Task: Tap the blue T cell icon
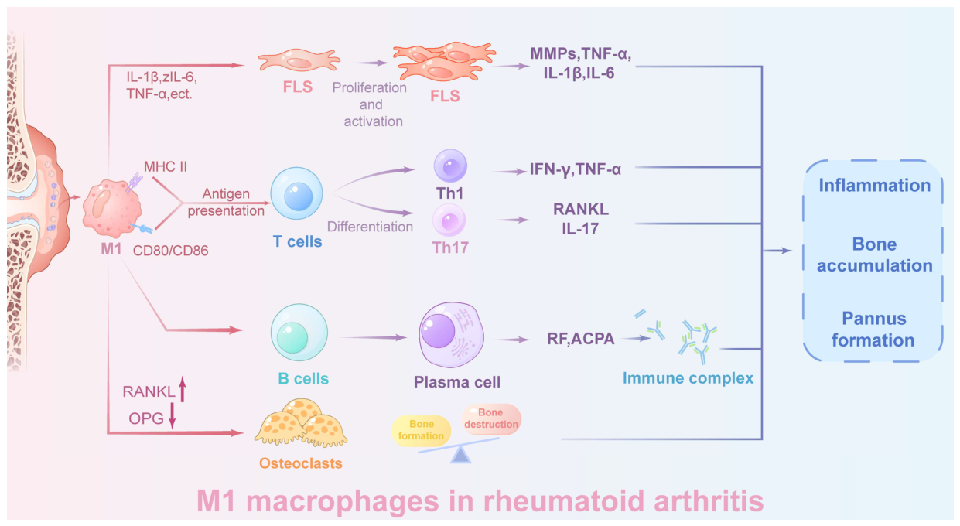296,193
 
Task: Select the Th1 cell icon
450,166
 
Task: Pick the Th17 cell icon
449,220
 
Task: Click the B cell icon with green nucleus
299,333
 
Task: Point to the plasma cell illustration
452,334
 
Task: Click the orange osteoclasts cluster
301,423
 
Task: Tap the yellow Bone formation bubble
421,430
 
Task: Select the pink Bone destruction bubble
491,418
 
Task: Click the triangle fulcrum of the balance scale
461,455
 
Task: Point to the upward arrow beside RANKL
183,389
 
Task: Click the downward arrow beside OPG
173,415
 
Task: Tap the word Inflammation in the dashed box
874,186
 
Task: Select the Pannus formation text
873,330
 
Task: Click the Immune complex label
688,378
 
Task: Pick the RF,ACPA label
580,339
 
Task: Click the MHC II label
166,166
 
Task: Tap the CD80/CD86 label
170,251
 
